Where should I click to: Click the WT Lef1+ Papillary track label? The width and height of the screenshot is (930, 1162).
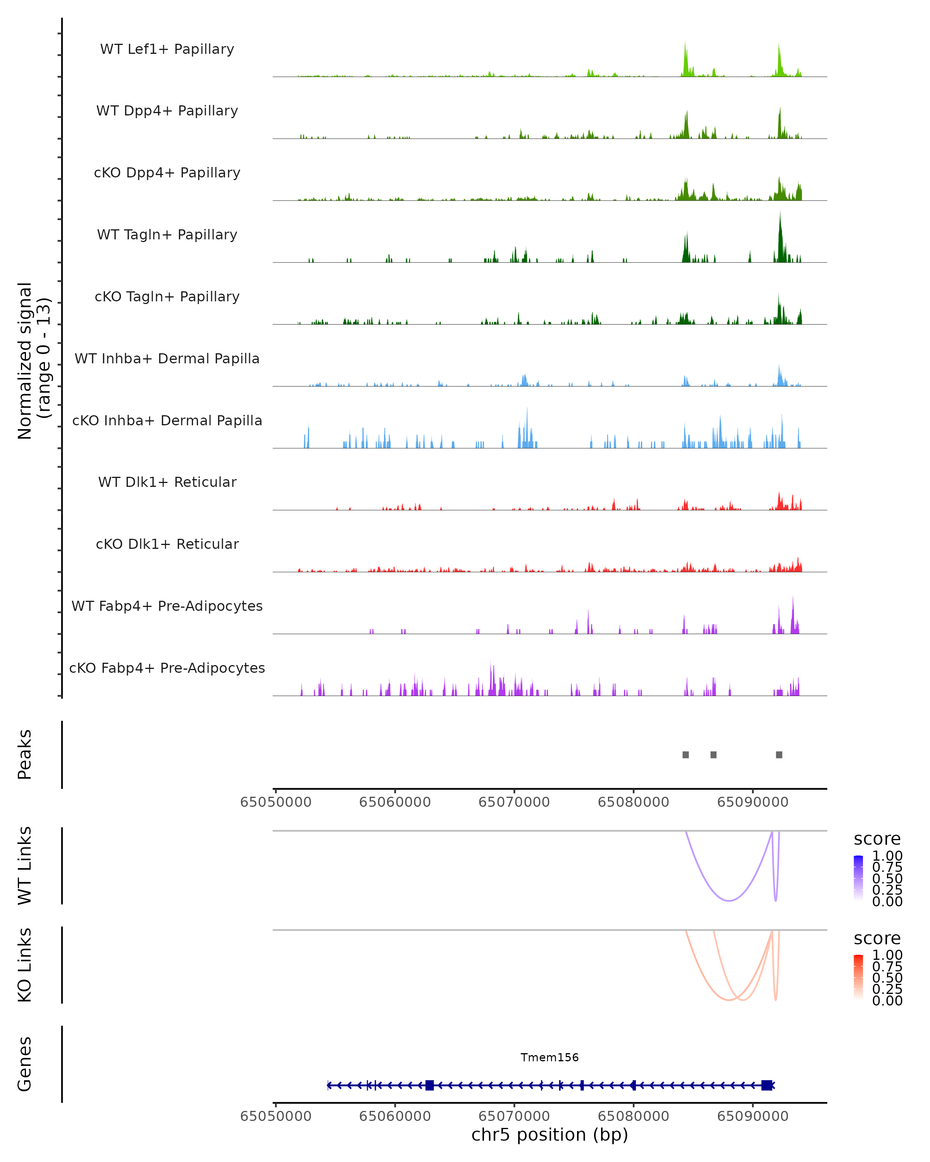(167, 49)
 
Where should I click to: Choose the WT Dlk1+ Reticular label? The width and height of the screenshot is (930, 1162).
(167, 482)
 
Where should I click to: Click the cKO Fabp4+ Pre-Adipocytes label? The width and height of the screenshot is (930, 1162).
(167, 668)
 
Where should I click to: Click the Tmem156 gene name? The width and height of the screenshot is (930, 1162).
(549, 1057)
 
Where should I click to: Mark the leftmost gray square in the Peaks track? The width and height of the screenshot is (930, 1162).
(685, 755)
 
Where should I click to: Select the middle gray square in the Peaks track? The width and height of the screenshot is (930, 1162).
(713, 755)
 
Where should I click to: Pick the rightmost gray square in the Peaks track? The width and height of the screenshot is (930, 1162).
(779, 755)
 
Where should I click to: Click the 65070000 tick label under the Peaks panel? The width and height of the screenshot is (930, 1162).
(514, 802)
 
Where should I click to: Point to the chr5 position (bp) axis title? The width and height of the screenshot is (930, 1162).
(549, 1135)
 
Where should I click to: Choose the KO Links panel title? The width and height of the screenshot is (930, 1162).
(25, 965)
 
